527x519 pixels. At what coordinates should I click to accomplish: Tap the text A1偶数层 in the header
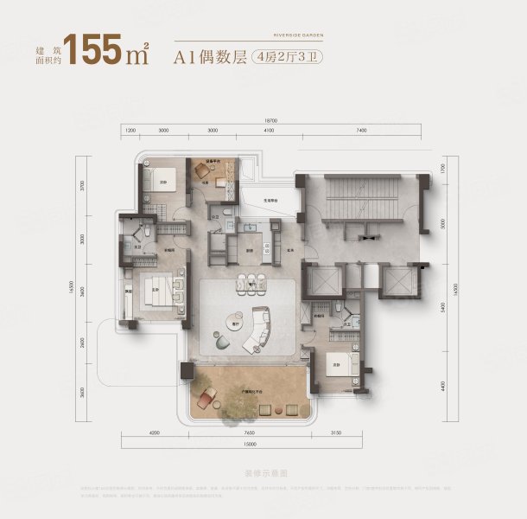[x=212, y=58]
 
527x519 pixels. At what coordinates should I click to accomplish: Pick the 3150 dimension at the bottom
[x=348, y=432]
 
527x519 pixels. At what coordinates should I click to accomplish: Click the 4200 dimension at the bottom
[x=156, y=432]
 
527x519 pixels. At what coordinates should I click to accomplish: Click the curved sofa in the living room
[x=261, y=328]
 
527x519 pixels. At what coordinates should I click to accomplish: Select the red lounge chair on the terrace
[x=207, y=399]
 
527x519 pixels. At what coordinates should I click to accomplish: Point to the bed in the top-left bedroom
[x=167, y=179]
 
